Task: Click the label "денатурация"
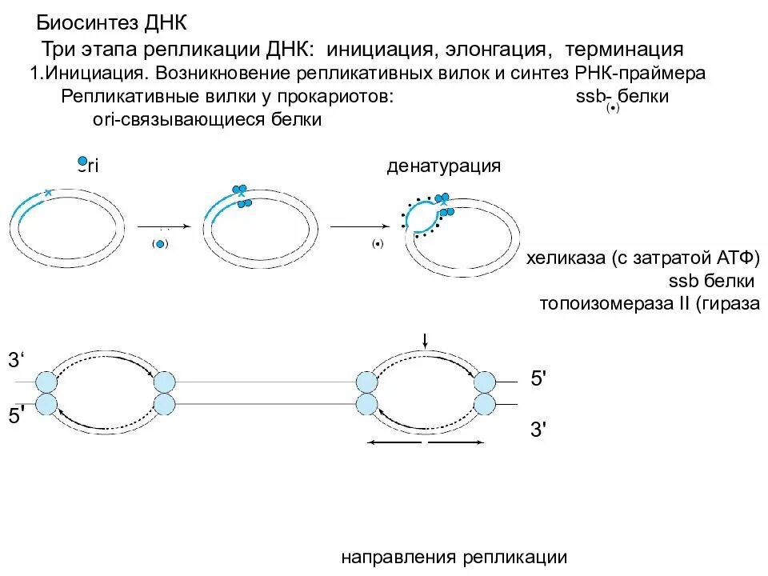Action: point(444,166)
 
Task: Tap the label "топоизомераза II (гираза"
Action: point(648,304)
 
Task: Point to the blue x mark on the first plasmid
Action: point(48,193)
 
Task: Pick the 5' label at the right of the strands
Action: point(538,378)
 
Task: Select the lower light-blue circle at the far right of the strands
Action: point(486,404)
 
